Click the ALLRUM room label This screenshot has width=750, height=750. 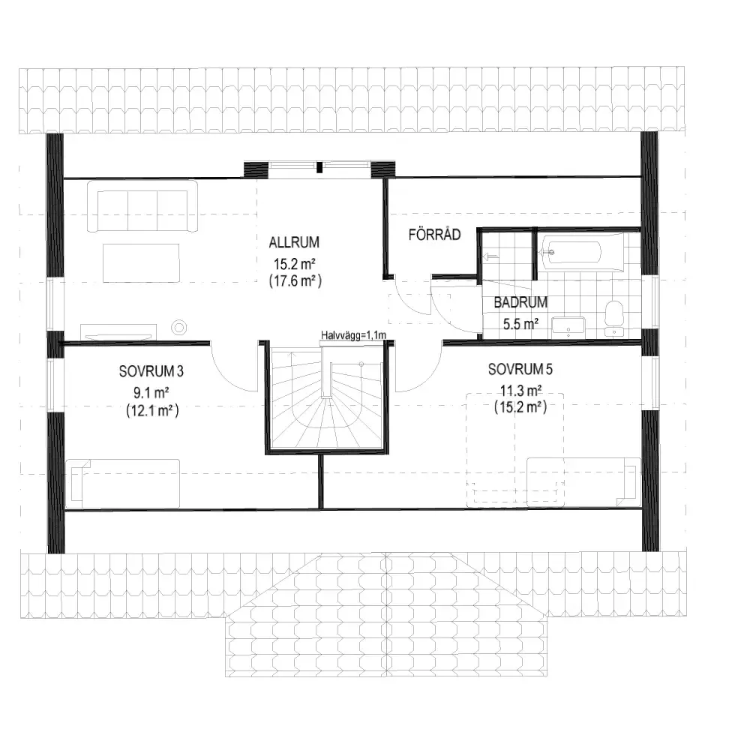click(294, 242)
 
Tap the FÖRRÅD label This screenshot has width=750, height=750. click(434, 234)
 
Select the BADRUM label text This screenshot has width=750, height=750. click(520, 302)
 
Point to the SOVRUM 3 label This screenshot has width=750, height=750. click(151, 371)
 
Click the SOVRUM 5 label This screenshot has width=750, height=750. click(520, 369)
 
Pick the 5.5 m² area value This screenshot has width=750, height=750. click(520, 324)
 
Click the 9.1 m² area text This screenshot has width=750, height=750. click(151, 393)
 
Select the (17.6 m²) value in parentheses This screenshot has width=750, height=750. click(295, 280)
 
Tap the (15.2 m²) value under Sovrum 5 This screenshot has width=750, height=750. click(520, 407)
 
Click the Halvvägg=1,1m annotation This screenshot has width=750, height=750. click(353, 335)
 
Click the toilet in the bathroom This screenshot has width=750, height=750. click(614, 318)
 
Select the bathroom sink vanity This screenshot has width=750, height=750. click(568, 327)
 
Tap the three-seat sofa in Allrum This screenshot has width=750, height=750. click(142, 206)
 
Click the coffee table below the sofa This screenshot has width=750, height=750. click(141, 262)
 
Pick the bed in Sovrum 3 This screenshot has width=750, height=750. click(122, 484)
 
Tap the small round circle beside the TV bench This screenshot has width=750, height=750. click(179, 328)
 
